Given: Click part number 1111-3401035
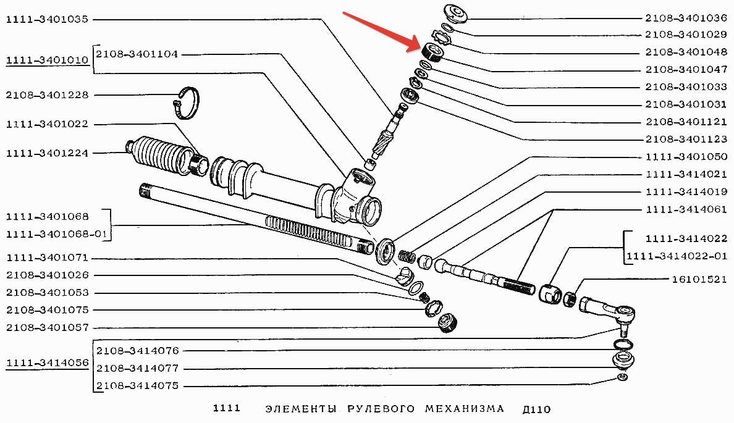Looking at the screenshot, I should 47,20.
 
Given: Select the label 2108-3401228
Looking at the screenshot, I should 47,95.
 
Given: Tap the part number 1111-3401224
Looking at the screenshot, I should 47,153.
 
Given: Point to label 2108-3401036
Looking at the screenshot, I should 686,18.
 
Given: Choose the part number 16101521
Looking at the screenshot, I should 699,279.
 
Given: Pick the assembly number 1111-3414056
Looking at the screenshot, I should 47,362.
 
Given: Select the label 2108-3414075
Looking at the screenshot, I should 138,386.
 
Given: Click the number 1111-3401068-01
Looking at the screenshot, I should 59,235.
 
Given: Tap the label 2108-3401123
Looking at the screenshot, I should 686,139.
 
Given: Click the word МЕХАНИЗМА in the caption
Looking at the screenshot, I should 465,409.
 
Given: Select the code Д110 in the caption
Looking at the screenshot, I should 535,409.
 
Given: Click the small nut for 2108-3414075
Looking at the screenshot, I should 623,377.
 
